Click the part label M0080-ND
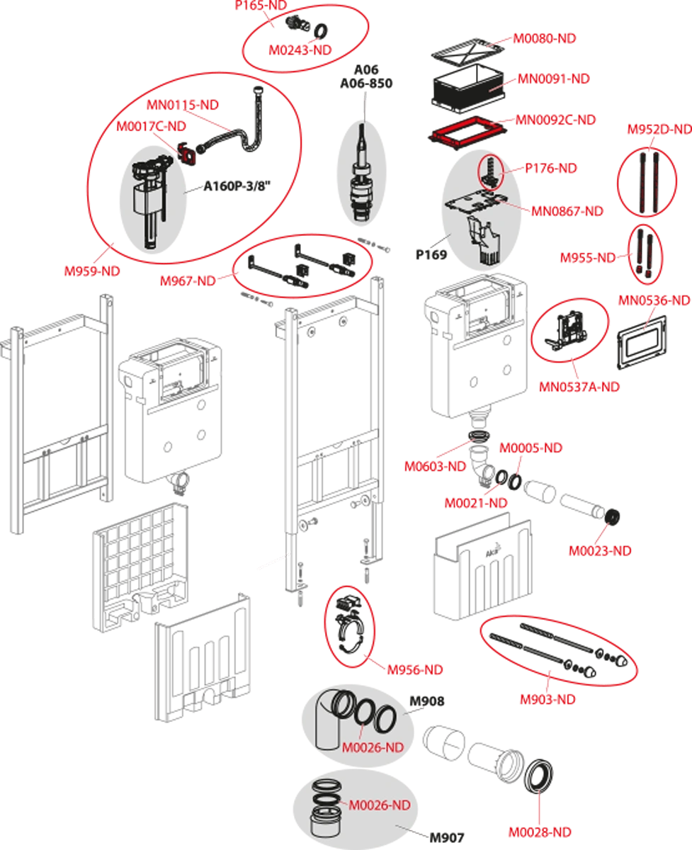545,38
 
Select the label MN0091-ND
553,79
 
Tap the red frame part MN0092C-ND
468,134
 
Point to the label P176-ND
551,168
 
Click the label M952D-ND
659,130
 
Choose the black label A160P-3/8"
237,186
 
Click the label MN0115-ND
183,105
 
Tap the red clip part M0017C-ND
187,153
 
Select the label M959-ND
92,271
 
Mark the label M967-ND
188,281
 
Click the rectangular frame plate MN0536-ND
642,342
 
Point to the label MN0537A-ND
579,387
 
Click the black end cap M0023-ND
612,517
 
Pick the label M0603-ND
436,466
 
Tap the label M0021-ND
476,503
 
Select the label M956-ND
415,669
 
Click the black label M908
427,701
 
